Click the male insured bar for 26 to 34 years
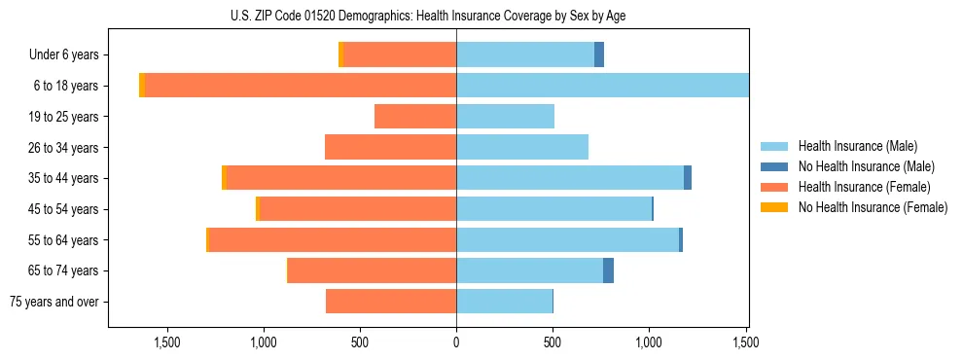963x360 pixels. tap(522, 147)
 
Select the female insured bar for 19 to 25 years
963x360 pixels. tap(415, 117)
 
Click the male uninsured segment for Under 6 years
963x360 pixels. tap(599, 55)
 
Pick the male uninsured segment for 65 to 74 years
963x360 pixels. tap(608, 270)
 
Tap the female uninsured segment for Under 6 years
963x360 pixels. tap(340, 55)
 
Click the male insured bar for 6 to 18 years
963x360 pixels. tap(602, 86)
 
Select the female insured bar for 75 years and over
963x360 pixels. tap(391, 302)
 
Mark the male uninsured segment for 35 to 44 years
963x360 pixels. tap(688, 178)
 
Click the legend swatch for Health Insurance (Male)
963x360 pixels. tap(775, 146)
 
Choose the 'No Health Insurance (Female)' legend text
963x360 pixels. tap(873, 207)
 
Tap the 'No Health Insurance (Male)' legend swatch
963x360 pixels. tap(775, 166)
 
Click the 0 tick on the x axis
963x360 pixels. tap(456, 342)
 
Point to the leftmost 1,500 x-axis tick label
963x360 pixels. tap(167, 342)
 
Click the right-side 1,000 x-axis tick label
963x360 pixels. tap(649, 342)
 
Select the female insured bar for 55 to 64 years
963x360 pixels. tap(333, 239)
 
